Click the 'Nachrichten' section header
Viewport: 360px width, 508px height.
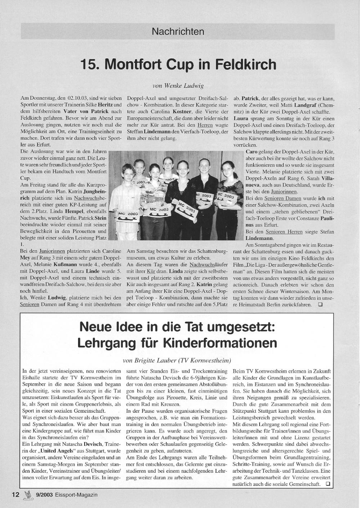pyautogui.click(x=178, y=32)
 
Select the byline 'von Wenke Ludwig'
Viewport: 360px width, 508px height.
pyautogui.click(x=178, y=86)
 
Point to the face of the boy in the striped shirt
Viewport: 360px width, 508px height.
pyautogui.click(x=127, y=172)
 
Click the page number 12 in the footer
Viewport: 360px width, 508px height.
pyautogui.click(x=15, y=495)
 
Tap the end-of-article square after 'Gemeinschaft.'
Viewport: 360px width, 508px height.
pyautogui.click(x=327, y=484)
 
